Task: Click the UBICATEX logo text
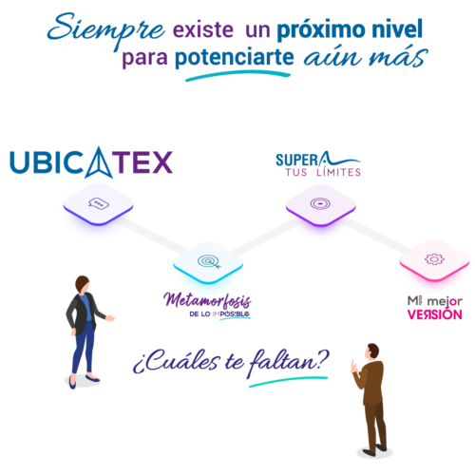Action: pyautogui.click(x=91, y=161)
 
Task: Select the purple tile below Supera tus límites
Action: pyautogui.click(x=320, y=206)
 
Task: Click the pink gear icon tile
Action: pyautogui.click(x=433, y=260)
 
